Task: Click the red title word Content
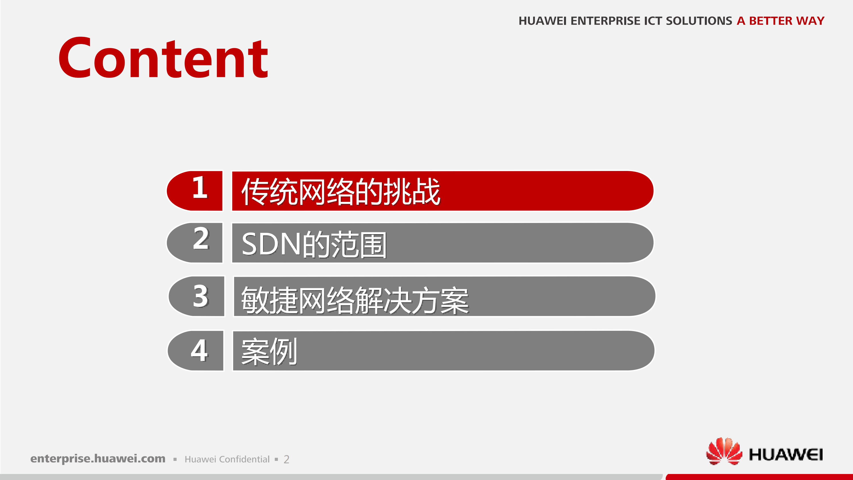[163, 58]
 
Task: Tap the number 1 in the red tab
[200, 188]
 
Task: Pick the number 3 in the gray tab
[201, 296]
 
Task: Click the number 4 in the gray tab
[199, 350]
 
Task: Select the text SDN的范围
[314, 245]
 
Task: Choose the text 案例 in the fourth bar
[269, 352]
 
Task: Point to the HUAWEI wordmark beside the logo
[786, 454]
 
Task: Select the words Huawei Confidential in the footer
[227, 459]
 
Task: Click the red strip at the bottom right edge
[758, 477]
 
